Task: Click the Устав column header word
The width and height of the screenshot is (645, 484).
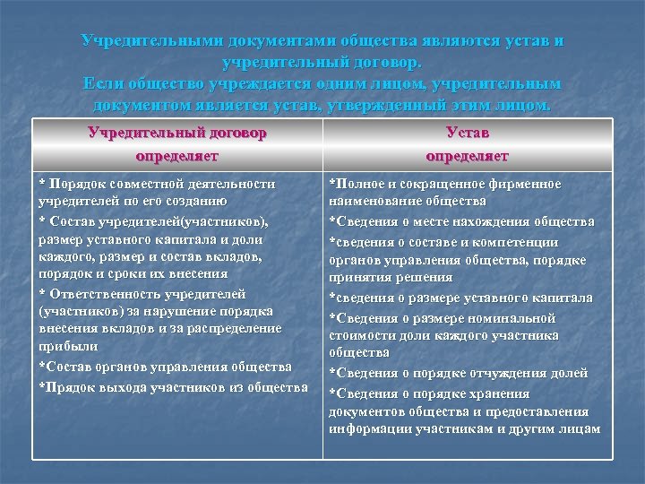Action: pos(467,133)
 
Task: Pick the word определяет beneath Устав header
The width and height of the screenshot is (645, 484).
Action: pos(467,156)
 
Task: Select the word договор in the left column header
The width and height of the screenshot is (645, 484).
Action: pos(232,133)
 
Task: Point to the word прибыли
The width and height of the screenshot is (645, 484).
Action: pos(62,347)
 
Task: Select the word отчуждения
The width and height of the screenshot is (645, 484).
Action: pos(509,373)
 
